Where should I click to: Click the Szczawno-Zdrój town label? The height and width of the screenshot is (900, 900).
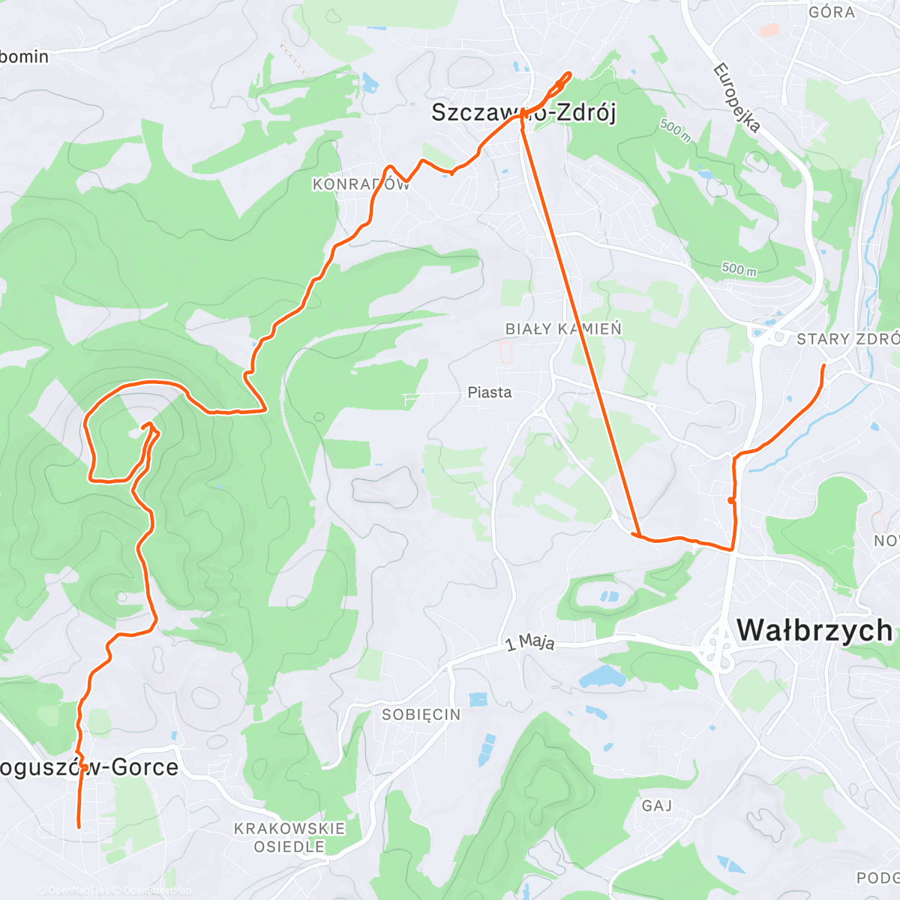pyautogui.click(x=523, y=113)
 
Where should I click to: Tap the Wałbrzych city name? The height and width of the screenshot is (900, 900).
pyautogui.click(x=814, y=631)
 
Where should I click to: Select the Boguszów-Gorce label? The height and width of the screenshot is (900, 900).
pyautogui.click(x=89, y=767)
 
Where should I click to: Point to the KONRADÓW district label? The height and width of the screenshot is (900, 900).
pyautogui.click(x=361, y=184)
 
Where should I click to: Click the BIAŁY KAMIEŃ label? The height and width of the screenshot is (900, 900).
pyautogui.click(x=563, y=328)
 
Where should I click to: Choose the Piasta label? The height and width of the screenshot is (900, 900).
pyautogui.click(x=489, y=392)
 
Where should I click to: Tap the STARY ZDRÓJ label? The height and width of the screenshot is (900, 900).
pyautogui.click(x=847, y=339)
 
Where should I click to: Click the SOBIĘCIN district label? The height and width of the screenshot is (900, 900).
pyautogui.click(x=421, y=715)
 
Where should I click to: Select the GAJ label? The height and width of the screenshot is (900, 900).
pyautogui.click(x=657, y=805)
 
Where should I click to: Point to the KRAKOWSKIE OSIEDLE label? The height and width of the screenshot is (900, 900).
pyautogui.click(x=289, y=838)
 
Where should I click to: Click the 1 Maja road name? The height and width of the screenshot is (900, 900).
pyautogui.click(x=530, y=642)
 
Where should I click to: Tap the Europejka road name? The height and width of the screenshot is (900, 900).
pyautogui.click(x=736, y=98)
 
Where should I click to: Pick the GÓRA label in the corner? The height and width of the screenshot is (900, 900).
pyautogui.click(x=832, y=12)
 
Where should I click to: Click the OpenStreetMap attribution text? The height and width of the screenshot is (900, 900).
pyautogui.click(x=157, y=890)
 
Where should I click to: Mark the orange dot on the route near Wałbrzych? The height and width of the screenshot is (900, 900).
pyautogui.click(x=730, y=500)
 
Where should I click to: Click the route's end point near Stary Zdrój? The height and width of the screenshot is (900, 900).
pyautogui.click(x=823, y=365)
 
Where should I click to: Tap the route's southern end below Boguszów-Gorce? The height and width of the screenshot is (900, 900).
pyautogui.click(x=79, y=826)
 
